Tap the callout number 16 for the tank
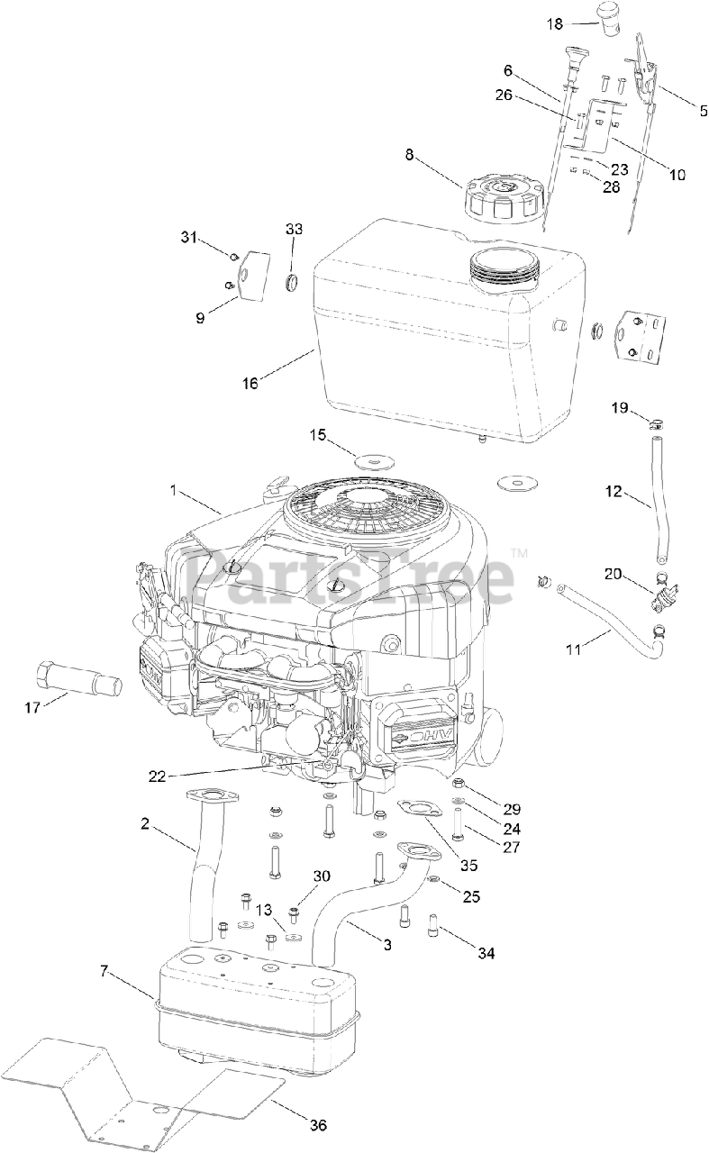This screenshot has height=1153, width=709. (x=250, y=383)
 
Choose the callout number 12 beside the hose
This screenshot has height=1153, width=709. (x=614, y=491)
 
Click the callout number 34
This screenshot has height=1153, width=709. (x=487, y=953)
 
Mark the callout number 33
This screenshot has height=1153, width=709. (x=295, y=229)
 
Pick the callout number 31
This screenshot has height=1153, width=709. (x=187, y=237)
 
